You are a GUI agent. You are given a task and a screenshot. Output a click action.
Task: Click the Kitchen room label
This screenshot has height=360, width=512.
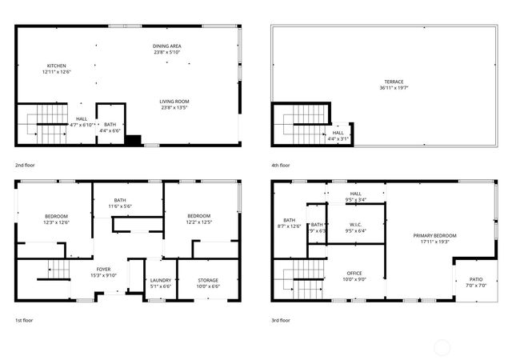pos(56,66)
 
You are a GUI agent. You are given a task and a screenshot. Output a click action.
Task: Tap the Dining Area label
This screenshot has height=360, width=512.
pos(167,46)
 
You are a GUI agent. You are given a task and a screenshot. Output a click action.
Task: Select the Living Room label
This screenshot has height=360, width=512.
pos(174,102)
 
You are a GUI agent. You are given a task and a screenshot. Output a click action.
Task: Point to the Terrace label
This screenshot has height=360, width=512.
pos(393,81)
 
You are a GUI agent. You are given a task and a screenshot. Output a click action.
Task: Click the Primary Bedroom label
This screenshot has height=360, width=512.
pos(434,235)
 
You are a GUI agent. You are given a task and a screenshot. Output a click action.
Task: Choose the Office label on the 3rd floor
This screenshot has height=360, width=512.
pos(354,274)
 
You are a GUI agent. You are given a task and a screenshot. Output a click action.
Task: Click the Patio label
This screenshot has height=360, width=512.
pos(476,280)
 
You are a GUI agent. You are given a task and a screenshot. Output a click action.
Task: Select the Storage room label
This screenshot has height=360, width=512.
pos(208,280)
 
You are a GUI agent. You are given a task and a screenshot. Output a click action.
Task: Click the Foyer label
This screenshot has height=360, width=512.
pos(104,269)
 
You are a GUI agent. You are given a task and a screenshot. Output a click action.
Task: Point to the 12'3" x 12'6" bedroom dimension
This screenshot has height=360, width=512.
pos(56,222)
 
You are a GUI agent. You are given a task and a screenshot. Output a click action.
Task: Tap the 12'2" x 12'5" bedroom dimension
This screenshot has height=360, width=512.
pos(198,222)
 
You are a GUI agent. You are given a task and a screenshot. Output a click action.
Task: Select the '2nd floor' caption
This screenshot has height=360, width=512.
pos(25,165)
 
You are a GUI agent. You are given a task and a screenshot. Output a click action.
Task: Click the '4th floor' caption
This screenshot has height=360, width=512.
pos(280,165)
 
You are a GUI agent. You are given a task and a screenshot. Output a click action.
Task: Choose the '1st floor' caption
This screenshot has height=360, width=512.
pos(24,319)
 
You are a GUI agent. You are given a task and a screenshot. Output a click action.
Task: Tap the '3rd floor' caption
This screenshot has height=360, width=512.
pos(280,319)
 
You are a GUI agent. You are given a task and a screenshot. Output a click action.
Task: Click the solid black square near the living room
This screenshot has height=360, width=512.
pos(133,140)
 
